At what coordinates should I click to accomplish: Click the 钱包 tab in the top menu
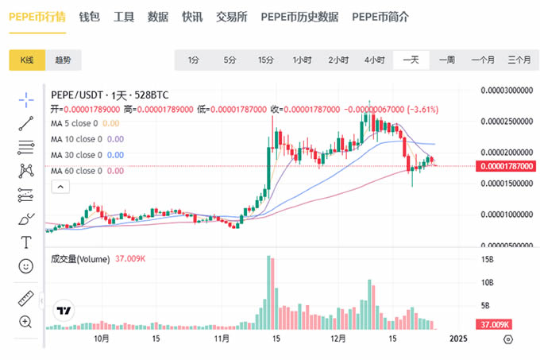[x=89, y=16]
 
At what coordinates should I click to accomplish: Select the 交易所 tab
[x=232, y=16]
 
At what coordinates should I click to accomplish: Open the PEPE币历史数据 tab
[x=299, y=16]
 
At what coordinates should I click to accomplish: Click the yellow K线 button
[x=27, y=60]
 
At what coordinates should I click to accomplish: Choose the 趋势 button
[x=63, y=60]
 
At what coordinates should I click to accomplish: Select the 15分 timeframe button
[x=265, y=60]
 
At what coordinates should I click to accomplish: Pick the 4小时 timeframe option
[x=374, y=60]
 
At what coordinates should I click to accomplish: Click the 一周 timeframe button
[x=446, y=60]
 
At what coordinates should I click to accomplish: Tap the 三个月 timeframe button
[x=519, y=60]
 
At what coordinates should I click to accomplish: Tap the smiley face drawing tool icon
[x=26, y=265]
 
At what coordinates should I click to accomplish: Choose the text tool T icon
[x=26, y=242]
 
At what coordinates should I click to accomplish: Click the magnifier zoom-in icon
[x=26, y=322]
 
